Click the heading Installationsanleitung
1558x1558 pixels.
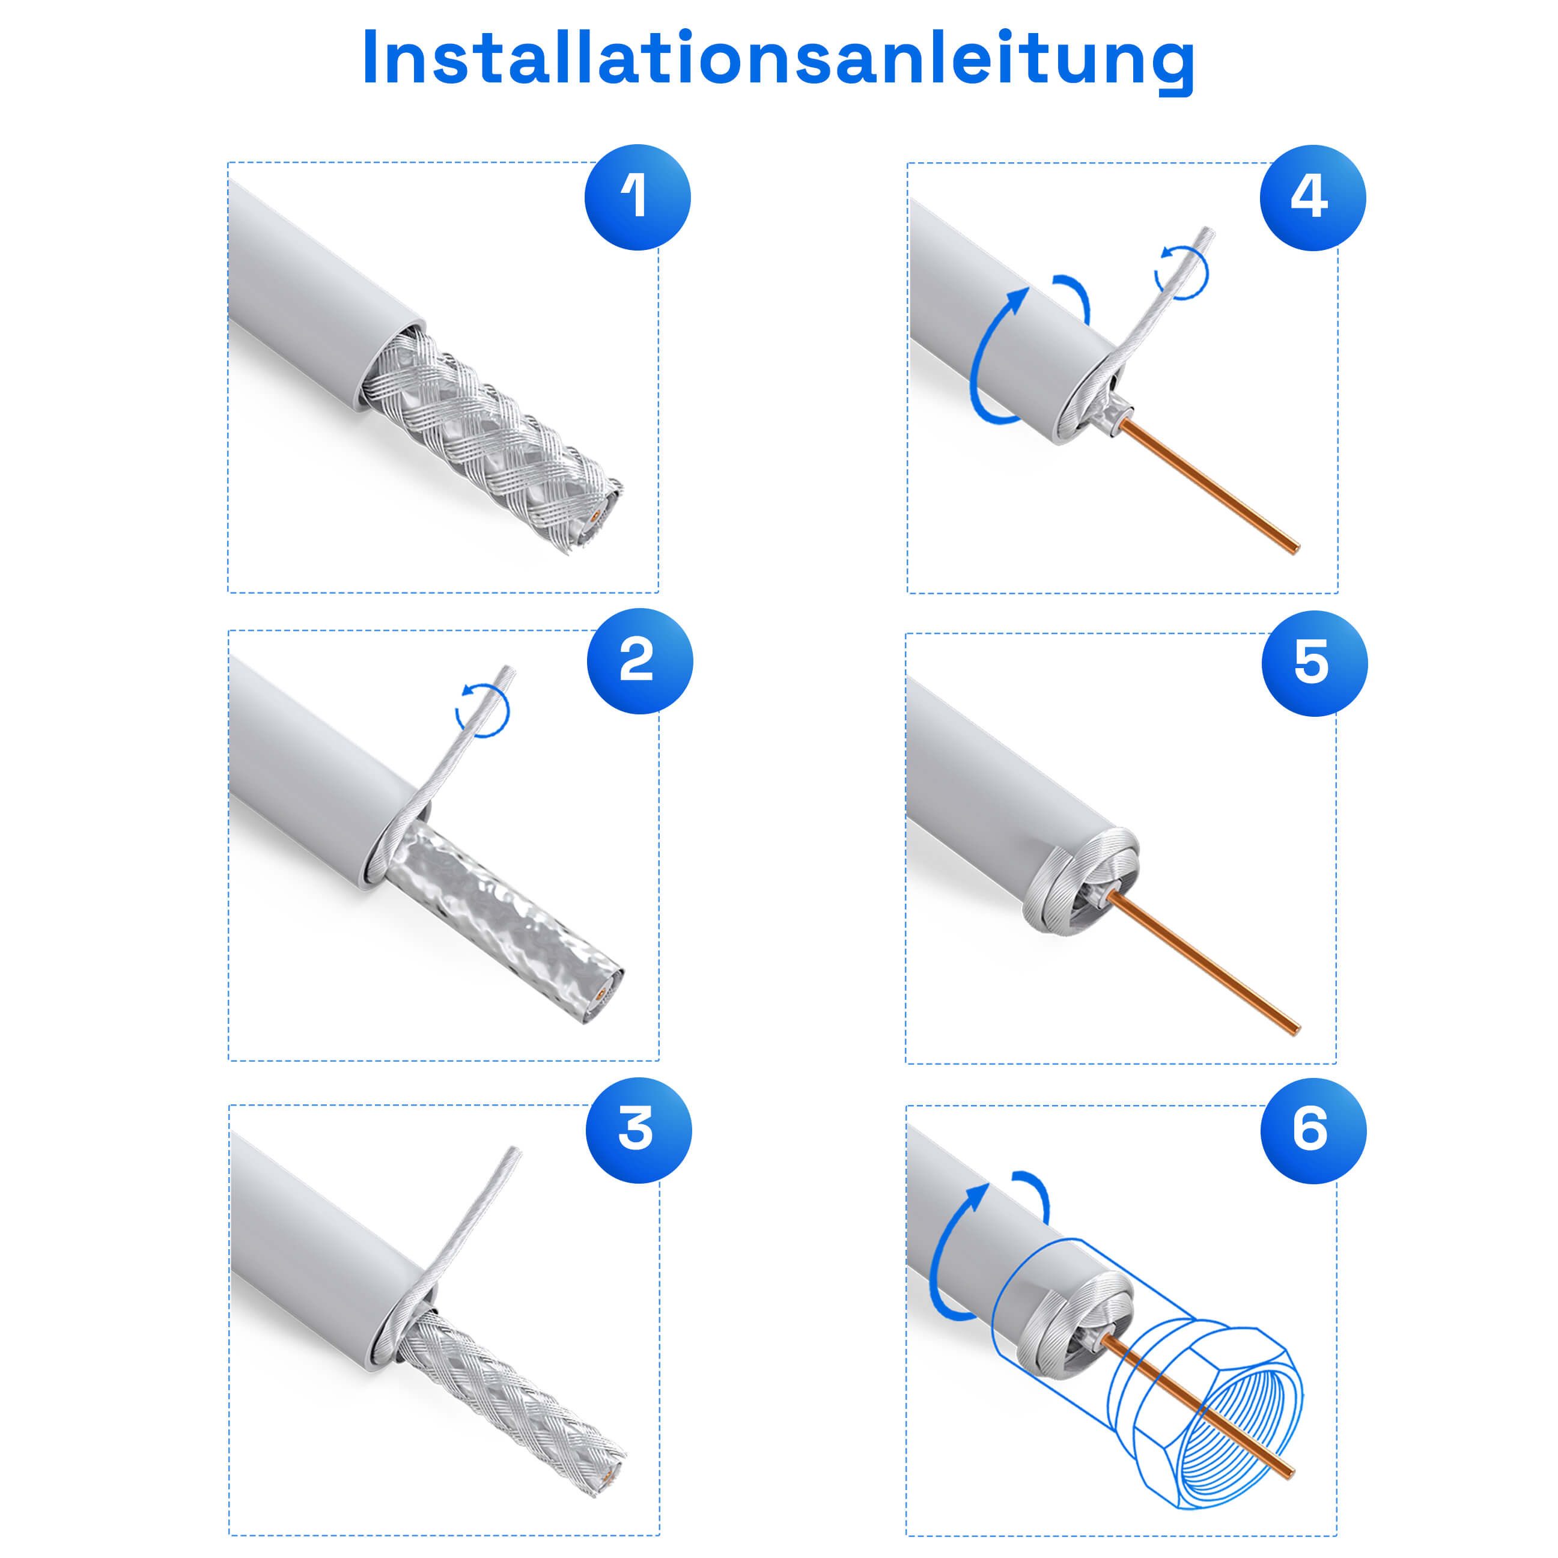tap(778, 58)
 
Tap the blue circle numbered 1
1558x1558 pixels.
tap(637, 198)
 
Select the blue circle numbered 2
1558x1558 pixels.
tap(639, 662)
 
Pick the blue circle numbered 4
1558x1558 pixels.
tap(1312, 198)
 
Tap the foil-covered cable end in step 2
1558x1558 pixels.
tap(601, 1000)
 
